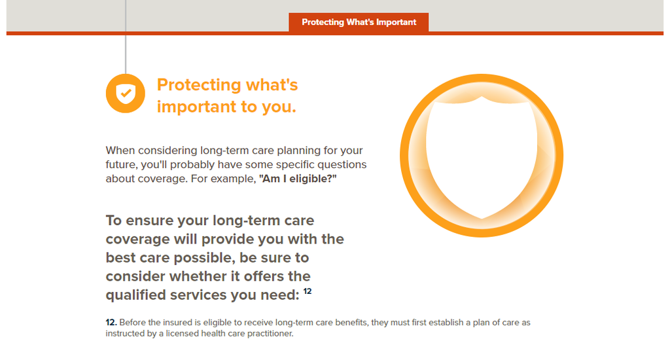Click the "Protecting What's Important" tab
coord(359,22)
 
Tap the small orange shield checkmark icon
coord(126,93)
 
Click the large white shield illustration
coord(482,156)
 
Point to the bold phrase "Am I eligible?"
coord(298,179)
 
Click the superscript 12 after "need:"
coord(308,291)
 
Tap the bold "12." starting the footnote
coord(111,323)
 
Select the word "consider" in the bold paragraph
coord(136,276)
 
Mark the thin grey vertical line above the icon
coord(126,37)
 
